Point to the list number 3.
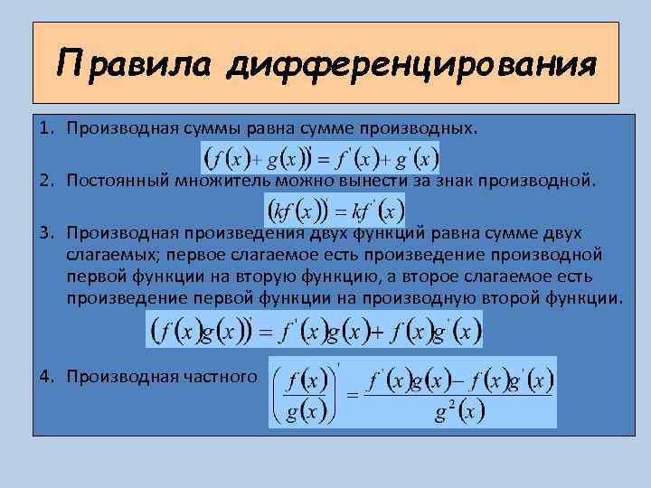pos(44,232)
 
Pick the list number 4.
pos(44,375)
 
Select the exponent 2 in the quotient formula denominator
pos(450,404)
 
